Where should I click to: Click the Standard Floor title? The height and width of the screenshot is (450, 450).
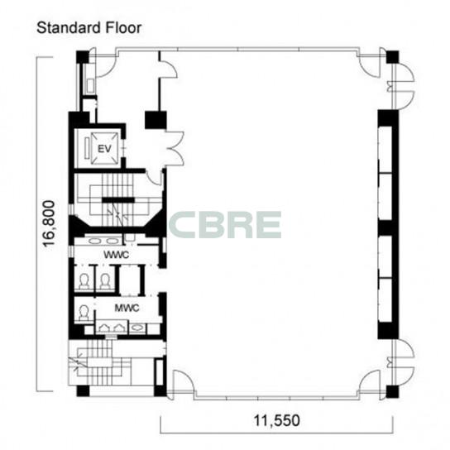click(x=89, y=28)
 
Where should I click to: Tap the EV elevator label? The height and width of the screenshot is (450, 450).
click(x=104, y=149)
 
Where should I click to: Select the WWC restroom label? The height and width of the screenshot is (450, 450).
click(x=116, y=255)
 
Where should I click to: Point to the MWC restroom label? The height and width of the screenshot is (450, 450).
click(x=127, y=308)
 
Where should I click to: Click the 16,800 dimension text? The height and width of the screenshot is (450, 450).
click(x=48, y=223)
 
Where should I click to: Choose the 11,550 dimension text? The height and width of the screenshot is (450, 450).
click(x=276, y=421)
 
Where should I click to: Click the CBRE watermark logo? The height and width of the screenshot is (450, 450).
click(x=225, y=225)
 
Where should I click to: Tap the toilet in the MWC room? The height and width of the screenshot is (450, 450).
click(x=84, y=313)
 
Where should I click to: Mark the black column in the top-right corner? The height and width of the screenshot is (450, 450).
click(x=392, y=57)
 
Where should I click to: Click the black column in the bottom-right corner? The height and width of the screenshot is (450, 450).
click(x=392, y=391)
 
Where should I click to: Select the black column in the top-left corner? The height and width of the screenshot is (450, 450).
click(x=82, y=57)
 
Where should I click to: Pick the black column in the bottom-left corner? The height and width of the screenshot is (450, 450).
click(x=83, y=391)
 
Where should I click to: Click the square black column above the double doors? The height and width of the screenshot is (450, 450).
click(x=156, y=120)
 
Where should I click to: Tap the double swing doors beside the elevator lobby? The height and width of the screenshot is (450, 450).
click(x=174, y=148)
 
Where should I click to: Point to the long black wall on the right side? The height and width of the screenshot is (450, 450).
click(x=388, y=224)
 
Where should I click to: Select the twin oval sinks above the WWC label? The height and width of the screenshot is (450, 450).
click(x=103, y=241)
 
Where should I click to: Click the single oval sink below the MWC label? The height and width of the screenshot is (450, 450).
click(x=137, y=328)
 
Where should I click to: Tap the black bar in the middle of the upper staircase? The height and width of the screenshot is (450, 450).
click(x=118, y=200)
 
